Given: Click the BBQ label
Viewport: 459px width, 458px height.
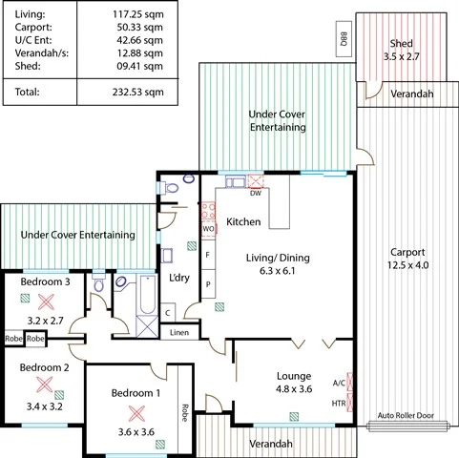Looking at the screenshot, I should (344, 40).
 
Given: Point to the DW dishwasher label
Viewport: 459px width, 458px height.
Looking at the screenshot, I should (256, 194).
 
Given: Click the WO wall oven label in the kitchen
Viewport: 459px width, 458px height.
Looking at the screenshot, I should (208, 230).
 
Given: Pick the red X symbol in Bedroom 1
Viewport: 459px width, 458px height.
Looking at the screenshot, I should (136, 413).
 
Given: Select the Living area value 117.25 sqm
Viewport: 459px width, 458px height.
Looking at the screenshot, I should (138, 15).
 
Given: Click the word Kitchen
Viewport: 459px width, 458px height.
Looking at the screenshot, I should (243, 221).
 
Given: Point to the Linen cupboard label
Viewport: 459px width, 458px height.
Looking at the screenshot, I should (179, 333).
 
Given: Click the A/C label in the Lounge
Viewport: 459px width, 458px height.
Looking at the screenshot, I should (339, 384).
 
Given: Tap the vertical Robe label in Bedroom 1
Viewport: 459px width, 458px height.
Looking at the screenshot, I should (183, 413).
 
